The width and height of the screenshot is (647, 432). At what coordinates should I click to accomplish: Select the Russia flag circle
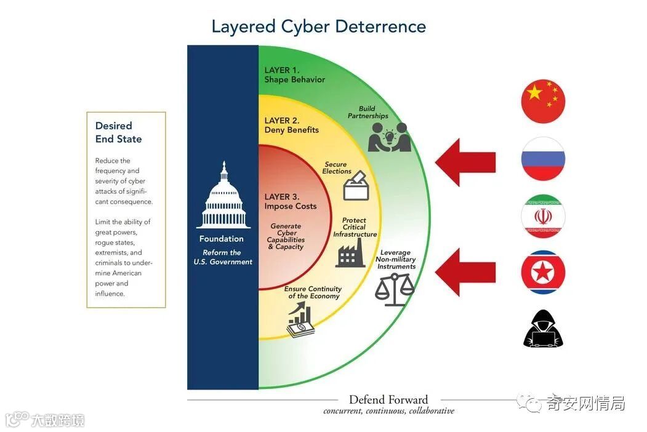543,159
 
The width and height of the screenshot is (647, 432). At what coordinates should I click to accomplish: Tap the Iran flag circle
543,217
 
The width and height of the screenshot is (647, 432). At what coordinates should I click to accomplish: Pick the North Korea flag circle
543,272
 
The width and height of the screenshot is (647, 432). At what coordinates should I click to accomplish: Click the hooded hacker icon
543,329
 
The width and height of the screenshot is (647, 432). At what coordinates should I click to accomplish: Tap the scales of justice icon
395,289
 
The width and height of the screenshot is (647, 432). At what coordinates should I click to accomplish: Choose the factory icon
350,253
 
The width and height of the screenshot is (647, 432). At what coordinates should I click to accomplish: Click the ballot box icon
356,186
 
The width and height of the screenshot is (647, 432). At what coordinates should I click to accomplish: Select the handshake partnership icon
388,137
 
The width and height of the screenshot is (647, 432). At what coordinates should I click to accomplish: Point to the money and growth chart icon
300,321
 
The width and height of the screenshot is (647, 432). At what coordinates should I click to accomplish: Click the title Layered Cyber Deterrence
318,26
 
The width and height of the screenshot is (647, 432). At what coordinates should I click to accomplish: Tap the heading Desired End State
118,132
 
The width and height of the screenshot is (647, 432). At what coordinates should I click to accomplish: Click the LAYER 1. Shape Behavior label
294,75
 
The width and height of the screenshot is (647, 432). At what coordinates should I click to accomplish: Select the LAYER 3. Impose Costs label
291,201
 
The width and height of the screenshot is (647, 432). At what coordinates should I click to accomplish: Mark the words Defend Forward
388,400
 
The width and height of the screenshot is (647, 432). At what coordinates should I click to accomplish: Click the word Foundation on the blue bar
221,239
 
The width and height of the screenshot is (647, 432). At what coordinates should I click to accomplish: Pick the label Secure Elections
336,167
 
